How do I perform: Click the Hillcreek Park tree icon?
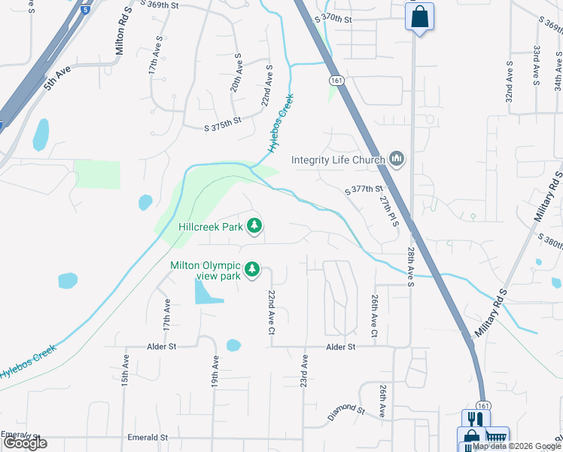click(255, 225)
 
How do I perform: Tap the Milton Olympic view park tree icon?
click(253, 269)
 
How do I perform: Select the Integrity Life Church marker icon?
click(397, 159)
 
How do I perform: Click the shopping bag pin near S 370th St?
click(419, 16)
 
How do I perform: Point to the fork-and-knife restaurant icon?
click(473, 420)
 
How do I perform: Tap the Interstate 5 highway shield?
click(87, 11)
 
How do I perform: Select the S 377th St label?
click(364, 191)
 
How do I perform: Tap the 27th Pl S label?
click(388, 210)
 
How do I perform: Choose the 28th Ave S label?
click(411, 267)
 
